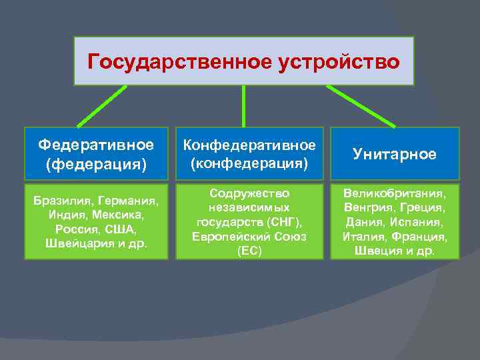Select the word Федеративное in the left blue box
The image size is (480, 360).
(x=95, y=145)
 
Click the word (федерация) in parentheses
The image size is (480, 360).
(x=95, y=163)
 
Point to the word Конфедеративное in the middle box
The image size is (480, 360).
(x=249, y=145)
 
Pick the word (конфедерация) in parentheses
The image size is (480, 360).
(x=249, y=162)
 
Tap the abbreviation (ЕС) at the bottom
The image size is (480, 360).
(x=249, y=251)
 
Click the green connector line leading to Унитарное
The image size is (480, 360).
(x=361, y=106)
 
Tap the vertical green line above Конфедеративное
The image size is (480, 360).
(x=243, y=106)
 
